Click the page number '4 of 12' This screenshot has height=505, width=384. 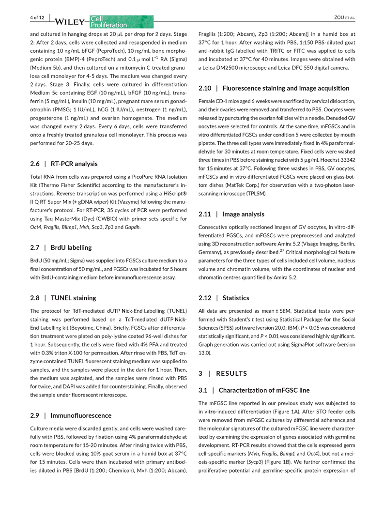point(37,18)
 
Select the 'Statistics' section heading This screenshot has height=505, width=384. point(236,298)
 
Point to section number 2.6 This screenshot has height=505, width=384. point(35,164)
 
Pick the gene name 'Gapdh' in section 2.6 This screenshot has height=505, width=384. point(132,227)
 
